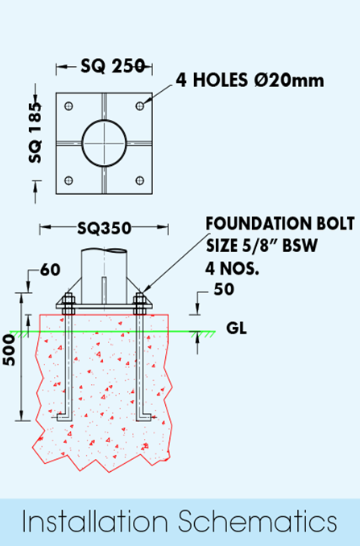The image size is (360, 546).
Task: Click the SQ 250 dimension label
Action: click(x=112, y=65)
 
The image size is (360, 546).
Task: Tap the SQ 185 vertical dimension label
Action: click(x=35, y=133)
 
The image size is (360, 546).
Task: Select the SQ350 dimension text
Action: click(x=104, y=229)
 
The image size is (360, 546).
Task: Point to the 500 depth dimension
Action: click(x=10, y=350)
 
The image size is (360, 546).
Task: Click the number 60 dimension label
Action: click(x=50, y=270)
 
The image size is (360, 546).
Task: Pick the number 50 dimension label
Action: click(x=224, y=289)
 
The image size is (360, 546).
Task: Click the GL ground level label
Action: click(x=237, y=328)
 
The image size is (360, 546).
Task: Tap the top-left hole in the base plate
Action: click(x=69, y=105)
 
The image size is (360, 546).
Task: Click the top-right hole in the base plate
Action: click(x=139, y=105)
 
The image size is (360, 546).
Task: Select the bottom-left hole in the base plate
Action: click(x=69, y=180)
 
